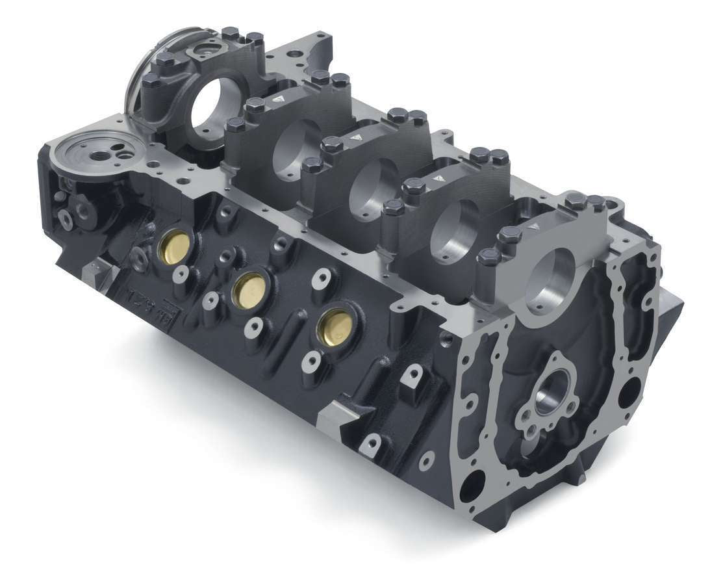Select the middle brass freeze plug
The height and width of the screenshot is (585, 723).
click(249, 289)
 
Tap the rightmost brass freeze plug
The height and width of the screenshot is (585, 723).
click(336, 325)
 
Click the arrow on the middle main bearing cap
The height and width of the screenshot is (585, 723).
click(355, 138)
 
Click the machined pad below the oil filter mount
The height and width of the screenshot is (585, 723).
click(101, 272)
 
